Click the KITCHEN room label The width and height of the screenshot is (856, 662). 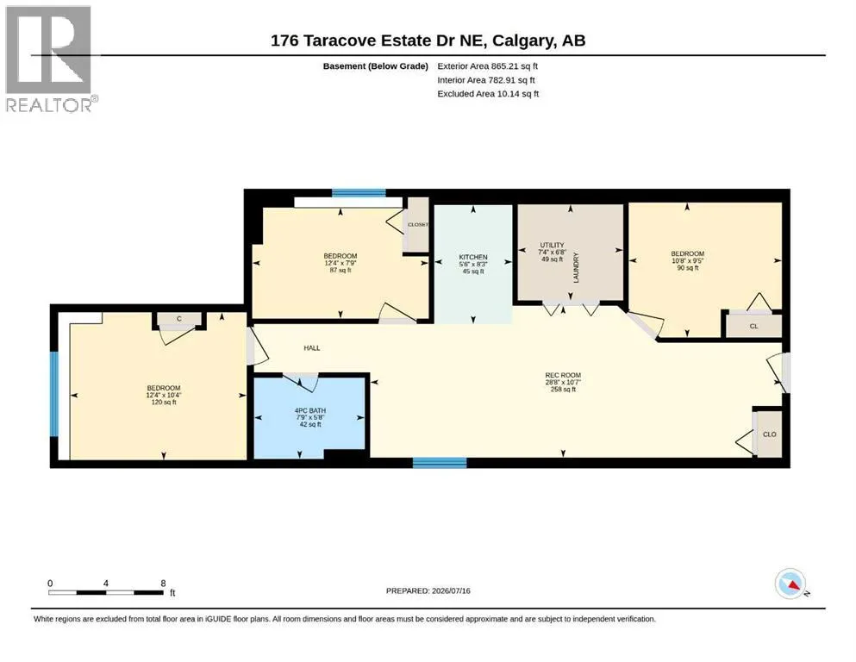coord(472,257)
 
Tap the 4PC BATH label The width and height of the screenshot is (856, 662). coord(310,410)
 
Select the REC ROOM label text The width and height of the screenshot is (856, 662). coord(563,375)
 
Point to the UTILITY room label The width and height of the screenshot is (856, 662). coord(552,245)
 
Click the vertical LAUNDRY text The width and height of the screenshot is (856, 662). coord(575,267)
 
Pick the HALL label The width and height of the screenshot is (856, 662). coord(312,347)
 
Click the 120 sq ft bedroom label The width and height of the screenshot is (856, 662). coord(163,388)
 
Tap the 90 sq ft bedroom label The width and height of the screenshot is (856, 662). coord(687,253)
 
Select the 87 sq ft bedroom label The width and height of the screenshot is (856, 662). coord(341,256)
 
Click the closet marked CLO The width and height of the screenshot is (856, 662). coord(769,434)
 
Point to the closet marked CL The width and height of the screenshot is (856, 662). coord(753,327)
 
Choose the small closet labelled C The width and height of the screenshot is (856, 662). coord(179,319)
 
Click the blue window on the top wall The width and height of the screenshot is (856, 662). coord(359,192)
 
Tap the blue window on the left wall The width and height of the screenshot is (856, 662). coord(54,393)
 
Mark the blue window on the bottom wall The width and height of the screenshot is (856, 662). coord(440,463)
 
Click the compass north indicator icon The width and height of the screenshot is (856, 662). coord(790,584)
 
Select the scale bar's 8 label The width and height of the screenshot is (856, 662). coord(163,584)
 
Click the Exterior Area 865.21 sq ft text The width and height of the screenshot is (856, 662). coord(488,66)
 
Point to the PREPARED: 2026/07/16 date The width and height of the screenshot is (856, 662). coord(428,590)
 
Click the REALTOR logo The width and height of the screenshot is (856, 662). coord(52,59)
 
